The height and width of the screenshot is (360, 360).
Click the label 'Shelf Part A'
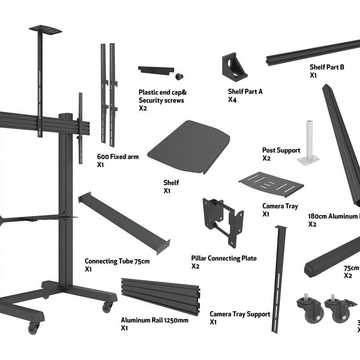click(245, 91)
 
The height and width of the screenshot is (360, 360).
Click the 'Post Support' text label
click(281, 150)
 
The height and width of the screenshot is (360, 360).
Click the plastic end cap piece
click(155, 70)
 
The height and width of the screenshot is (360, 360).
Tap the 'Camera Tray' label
click(280, 206)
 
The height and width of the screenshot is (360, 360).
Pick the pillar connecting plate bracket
click(223, 220)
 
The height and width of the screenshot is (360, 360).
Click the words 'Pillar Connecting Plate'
click(224, 258)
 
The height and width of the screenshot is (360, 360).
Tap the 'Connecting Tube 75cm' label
click(117, 261)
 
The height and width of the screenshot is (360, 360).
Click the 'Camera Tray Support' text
click(240, 314)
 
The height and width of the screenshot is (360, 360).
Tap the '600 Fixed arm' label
click(118, 156)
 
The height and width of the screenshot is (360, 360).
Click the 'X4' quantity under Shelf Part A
click(232, 100)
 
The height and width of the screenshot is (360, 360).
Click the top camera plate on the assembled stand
click(45, 29)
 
